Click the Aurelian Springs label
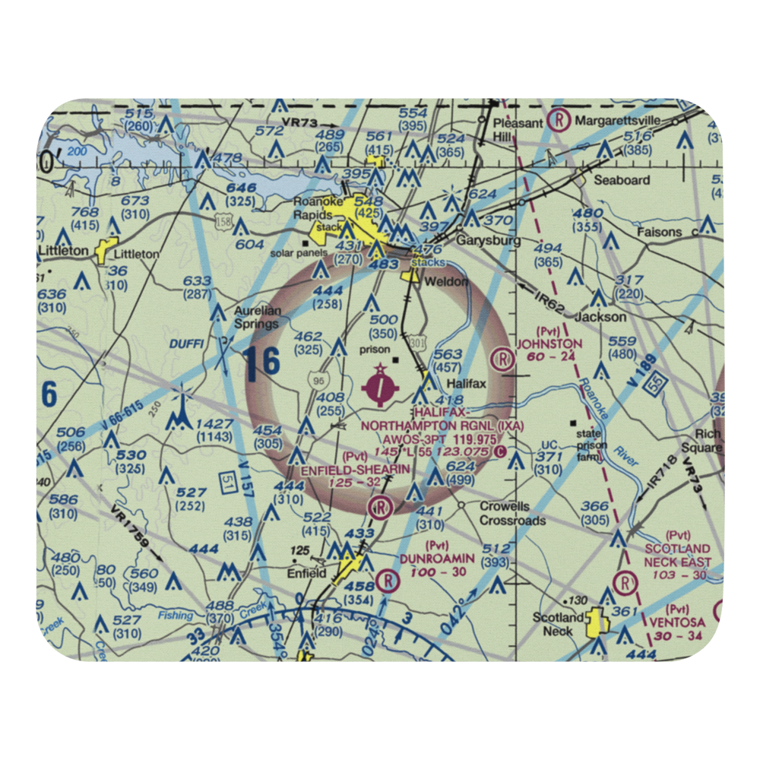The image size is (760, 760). point(256,317)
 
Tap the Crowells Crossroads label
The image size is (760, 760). point(512,513)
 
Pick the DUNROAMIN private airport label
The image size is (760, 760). point(439,559)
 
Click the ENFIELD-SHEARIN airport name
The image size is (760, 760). point(356,470)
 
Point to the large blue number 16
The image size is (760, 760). point(262,363)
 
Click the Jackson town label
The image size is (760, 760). point(600,316)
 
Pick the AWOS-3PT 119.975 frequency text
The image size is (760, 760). point(429,439)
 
